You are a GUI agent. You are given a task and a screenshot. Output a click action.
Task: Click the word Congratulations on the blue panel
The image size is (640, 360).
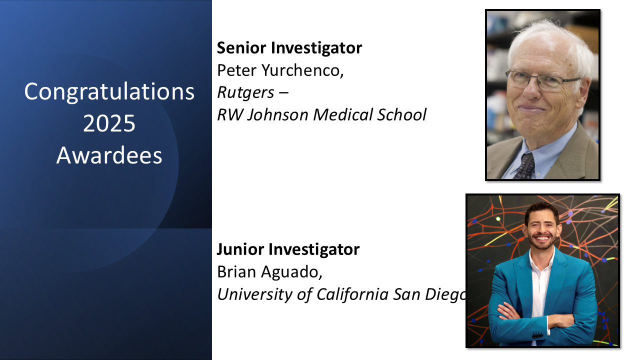(109, 92)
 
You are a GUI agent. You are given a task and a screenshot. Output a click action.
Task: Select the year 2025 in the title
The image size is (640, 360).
(109, 123)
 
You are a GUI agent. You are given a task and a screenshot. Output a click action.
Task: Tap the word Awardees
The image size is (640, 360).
(109, 155)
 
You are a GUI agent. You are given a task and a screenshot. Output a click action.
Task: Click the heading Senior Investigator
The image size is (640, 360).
(289, 48)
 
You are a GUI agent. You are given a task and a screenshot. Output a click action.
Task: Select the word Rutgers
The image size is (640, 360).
(245, 92)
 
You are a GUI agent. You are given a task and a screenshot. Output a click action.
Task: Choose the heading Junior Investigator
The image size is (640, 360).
(287, 249)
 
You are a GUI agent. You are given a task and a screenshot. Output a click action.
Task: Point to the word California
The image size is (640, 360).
(350, 294)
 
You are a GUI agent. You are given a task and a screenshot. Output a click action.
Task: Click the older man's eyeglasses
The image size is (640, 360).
(542, 80)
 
